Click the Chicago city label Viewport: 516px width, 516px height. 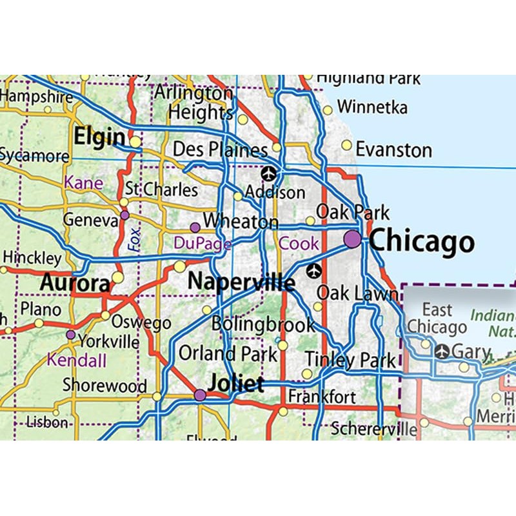[422, 242]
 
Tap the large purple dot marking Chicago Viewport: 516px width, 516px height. [353, 239]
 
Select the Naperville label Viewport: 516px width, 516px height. [241, 283]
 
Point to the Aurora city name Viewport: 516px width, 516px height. [75, 283]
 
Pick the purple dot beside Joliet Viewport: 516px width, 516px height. [200, 395]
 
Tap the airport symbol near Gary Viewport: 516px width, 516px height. [442, 352]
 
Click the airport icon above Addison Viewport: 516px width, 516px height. [268, 174]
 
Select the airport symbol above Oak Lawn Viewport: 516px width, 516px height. [314, 271]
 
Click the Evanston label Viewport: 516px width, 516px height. [393, 150]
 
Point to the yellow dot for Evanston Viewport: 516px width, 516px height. [346, 145]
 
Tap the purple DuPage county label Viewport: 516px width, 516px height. [203, 243]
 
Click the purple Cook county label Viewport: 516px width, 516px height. [299, 243]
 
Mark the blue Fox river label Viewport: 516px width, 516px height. [134, 237]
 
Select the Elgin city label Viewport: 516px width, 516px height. [99, 137]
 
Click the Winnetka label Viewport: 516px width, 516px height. [372, 106]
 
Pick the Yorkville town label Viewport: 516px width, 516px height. [108, 341]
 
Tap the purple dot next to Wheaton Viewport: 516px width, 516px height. [195, 227]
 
